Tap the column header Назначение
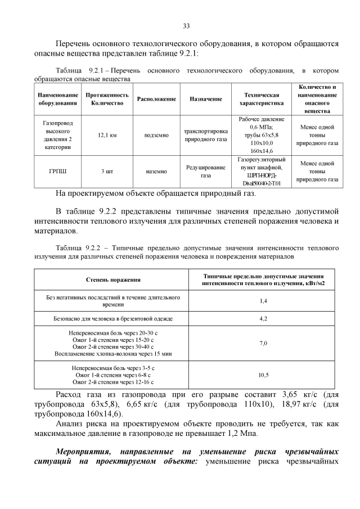tap(205, 99)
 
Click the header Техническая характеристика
tap(259, 100)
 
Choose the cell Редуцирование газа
tap(205, 171)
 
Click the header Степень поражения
tap(113, 280)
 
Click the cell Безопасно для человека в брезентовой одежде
tap(113, 319)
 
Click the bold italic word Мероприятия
tap(84, 452)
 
